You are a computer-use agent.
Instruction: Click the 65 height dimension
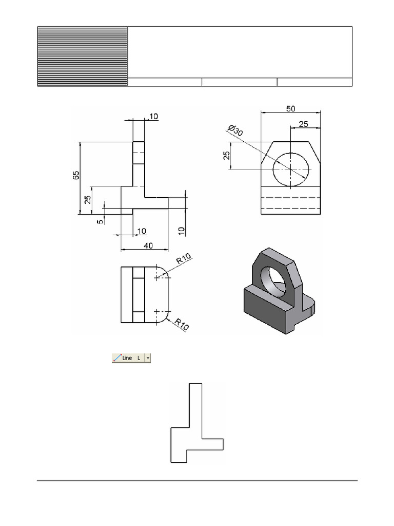(x=76, y=175)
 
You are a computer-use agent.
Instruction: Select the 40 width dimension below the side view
(x=148, y=246)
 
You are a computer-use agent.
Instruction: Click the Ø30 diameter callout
(x=234, y=130)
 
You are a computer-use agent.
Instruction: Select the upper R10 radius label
(x=184, y=260)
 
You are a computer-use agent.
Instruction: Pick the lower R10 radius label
(x=182, y=324)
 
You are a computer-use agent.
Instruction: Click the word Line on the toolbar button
(x=127, y=358)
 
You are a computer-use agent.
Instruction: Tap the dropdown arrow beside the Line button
(x=148, y=358)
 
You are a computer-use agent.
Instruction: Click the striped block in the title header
(x=82, y=57)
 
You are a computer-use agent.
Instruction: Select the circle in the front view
(x=291, y=170)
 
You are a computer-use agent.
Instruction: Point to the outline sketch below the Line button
(x=196, y=423)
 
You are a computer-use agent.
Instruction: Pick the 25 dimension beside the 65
(x=88, y=199)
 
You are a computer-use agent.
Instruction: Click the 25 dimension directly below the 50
(x=303, y=124)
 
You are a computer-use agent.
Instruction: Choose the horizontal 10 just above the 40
(x=142, y=232)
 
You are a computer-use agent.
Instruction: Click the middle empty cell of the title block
(x=239, y=82)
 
